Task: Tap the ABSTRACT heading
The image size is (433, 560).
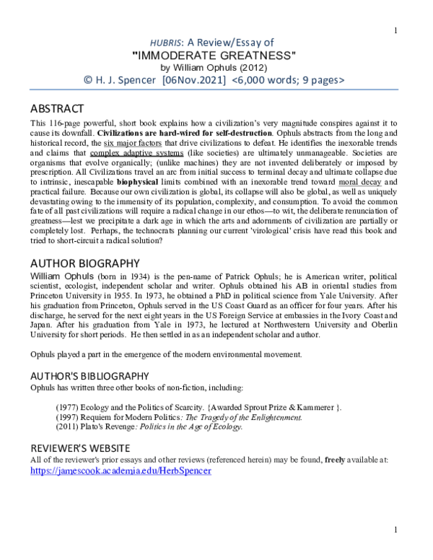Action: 57,109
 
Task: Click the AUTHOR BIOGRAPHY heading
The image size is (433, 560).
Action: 85,263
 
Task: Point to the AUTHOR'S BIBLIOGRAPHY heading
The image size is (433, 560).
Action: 89,376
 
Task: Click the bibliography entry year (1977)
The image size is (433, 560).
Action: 69,406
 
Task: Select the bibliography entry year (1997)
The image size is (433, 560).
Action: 69,416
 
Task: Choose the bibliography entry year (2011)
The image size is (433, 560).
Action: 69,426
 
